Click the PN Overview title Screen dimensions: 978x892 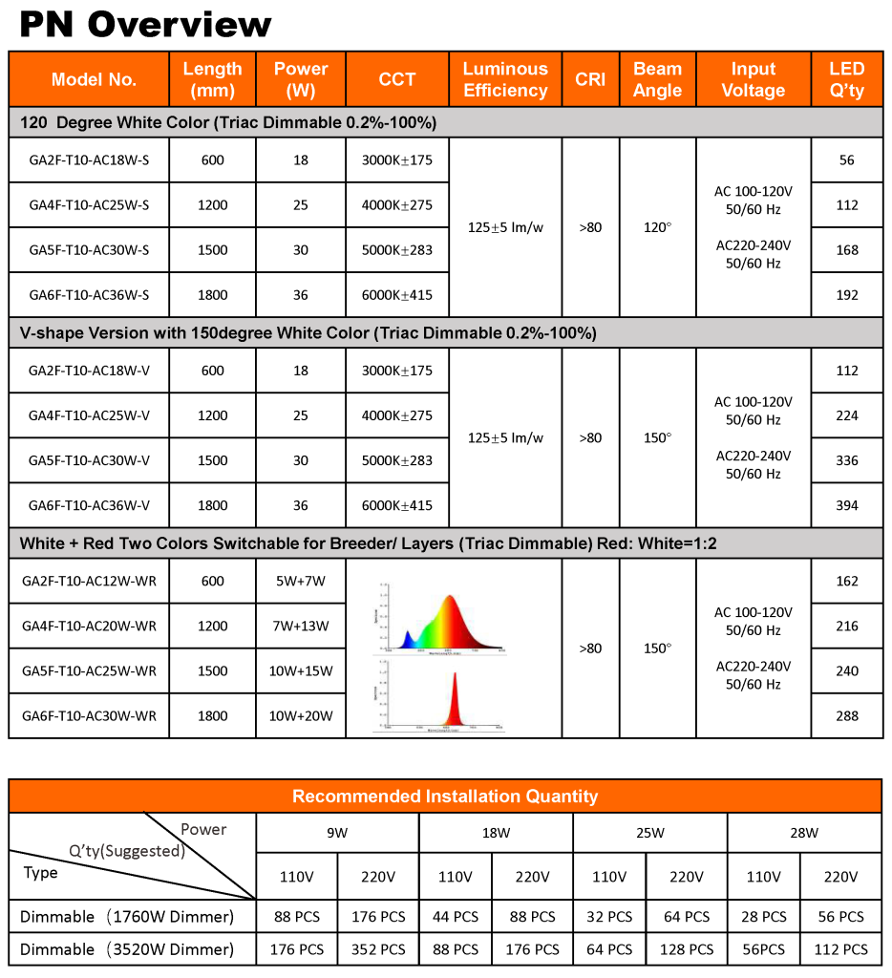pyautogui.click(x=145, y=24)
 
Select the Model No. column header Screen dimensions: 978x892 pyautogui.click(x=94, y=80)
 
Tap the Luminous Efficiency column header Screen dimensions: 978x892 pyautogui.click(x=505, y=80)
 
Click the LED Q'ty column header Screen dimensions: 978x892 pyautogui.click(x=846, y=80)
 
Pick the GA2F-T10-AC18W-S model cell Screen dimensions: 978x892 pyautogui.click(x=89, y=160)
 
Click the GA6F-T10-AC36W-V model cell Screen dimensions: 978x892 pyautogui.click(x=89, y=505)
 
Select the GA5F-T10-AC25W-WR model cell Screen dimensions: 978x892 pyautogui.click(x=89, y=671)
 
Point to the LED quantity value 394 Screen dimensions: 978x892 pyautogui.click(x=846, y=505)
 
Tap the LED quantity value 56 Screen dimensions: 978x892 pyautogui.click(x=846, y=160)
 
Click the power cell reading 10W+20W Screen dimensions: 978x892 pyautogui.click(x=301, y=716)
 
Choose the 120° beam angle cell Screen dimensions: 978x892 pyautogui.click(x=657, y=227)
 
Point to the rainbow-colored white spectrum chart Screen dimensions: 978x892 pyautogui.click(x=441, y=616)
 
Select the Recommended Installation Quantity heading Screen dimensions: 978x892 pyautogui.click(x=445, y=797)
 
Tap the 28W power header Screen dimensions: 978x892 pyautogui.click(x=804, y=833)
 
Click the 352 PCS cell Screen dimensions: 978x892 pyautogui.click(x=378, y=949)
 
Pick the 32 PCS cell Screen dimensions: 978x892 pyautogui.click(x=609, y=917)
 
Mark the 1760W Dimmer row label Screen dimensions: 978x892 pyautogui.click(x=127, y=917)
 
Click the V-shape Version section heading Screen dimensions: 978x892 pyautogui.click(x=308, y=333)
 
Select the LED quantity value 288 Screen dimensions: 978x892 pyautogui.click(x=846, y=716)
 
